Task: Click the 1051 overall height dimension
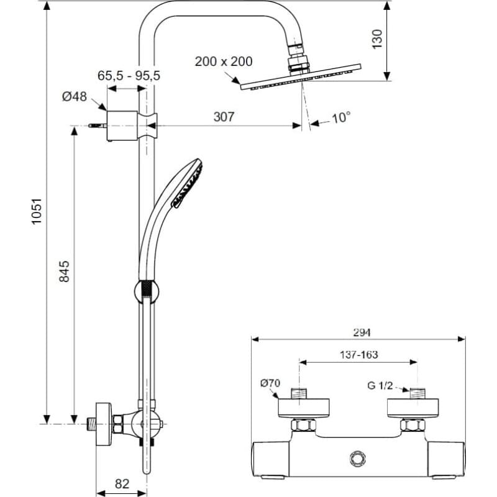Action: click(x=37, y=211)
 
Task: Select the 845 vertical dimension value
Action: click(x=65, y=271)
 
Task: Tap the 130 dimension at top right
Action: click(x=377, y=39)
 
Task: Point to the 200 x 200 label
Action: click(x=224, y=62)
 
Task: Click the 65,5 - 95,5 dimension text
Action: click(x=129, y=76)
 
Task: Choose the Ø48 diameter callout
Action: click(x=74, y=96)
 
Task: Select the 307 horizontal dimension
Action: click(x=224, y=117)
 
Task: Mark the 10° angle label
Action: click(x=341, y=117)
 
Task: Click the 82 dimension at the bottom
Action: click(x=122, y=484)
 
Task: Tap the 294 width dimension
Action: click(x=362, y=332)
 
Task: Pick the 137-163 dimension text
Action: click(x=359, y=354)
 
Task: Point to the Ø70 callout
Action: click(x=270, y=383)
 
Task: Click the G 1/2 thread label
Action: click(x=380, y=385)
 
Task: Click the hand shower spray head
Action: click(x=188, y=183)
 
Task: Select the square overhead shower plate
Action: click(x=301, y=76)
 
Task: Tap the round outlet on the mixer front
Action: click(x=358, y=459)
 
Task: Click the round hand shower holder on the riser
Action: click(x=147, y=291)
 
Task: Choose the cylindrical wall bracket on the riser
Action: click(x=122, y=126)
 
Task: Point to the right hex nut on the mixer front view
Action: click(x=413, y=424)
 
